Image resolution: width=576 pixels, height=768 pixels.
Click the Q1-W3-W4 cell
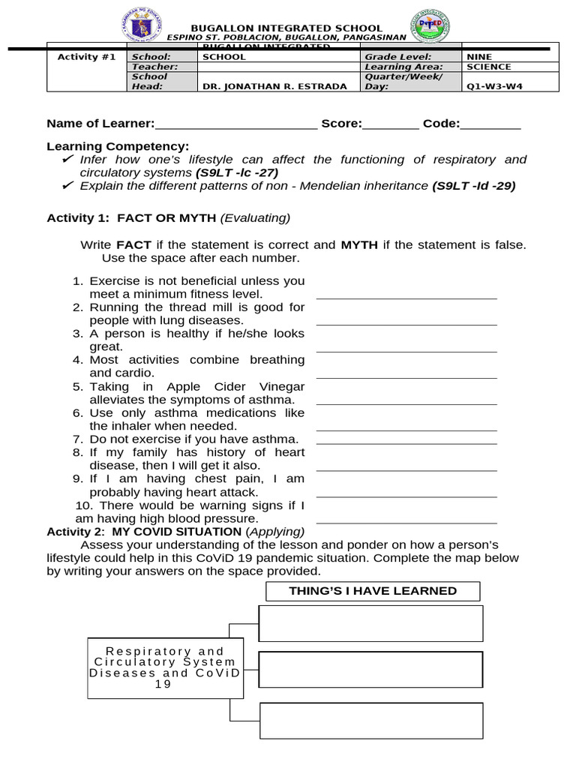pos(494,85)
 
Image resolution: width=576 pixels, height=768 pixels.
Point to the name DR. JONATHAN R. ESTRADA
pos(275,85)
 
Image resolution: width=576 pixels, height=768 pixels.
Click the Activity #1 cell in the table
pos(87,57)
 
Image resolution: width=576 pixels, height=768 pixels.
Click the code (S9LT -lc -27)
pos(236,172)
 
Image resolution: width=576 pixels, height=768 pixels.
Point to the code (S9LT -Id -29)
pos(473,186)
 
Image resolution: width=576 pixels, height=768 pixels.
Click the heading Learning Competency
pos(118,146)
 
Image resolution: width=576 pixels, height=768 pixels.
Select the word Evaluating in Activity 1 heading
pos(255,218)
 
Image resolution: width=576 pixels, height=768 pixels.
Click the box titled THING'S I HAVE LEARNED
pos(373,591)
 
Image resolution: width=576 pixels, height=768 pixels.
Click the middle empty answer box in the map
pos(370,670)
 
